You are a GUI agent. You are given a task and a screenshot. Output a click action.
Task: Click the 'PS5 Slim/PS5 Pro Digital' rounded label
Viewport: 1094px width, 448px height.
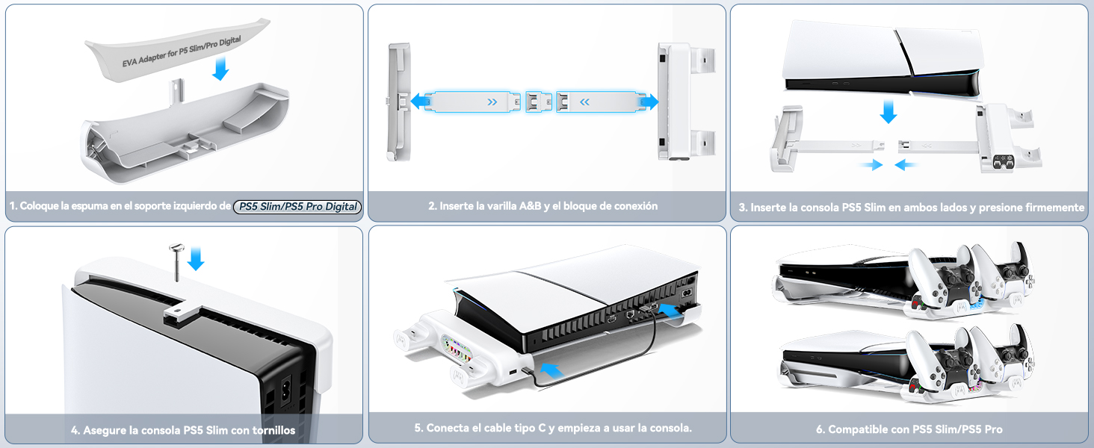point(297,207)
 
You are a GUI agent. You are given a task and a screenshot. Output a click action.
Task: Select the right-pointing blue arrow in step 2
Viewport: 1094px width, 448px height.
point(648,102)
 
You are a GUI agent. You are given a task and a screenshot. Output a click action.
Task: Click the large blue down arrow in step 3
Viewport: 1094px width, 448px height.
point(888,111)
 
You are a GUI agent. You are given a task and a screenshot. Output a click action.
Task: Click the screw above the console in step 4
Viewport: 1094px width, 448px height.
point(177,261)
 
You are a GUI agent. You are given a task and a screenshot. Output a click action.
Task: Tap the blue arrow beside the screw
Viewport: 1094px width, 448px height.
point(196,258)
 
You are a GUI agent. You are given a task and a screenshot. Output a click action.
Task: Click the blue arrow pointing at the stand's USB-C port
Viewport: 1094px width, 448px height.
point(550,368)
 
